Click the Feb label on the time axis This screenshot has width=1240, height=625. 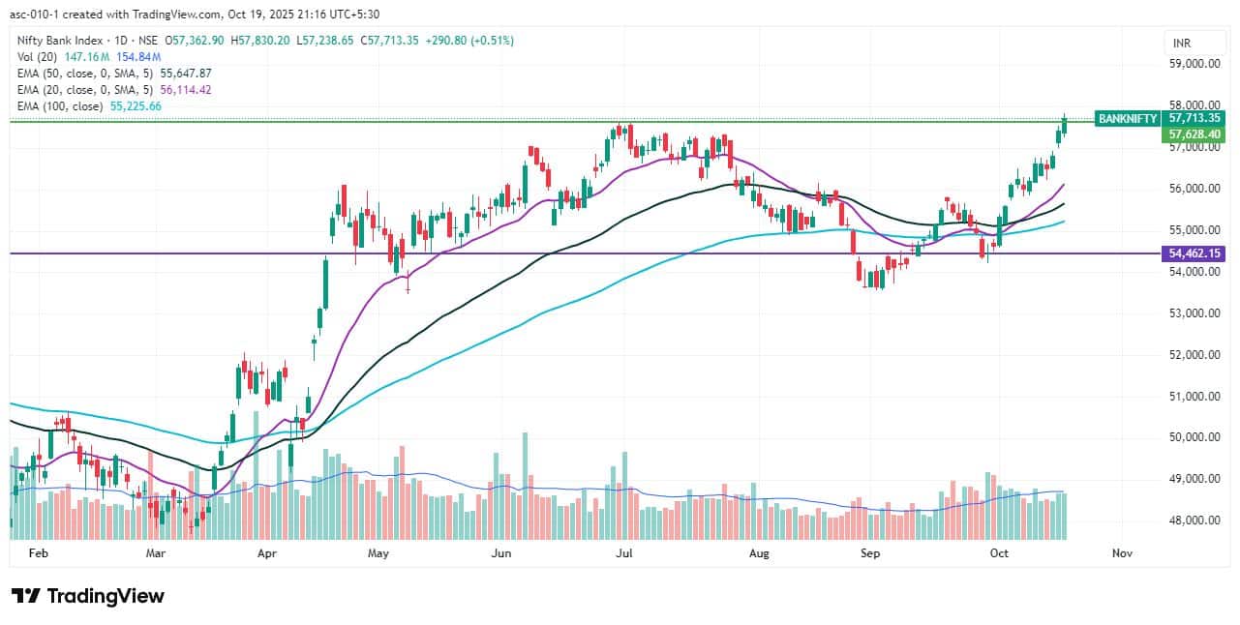tap(38, 554)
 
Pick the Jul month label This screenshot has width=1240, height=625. tap(624, 554)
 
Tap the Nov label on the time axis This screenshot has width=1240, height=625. tap(1122, 554)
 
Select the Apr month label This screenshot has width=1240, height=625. tap(268, 554)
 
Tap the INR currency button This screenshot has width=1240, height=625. tap(1181, 44)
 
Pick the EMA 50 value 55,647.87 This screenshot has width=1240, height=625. tap(184, 73)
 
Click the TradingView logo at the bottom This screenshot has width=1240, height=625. tap(88, 596)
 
